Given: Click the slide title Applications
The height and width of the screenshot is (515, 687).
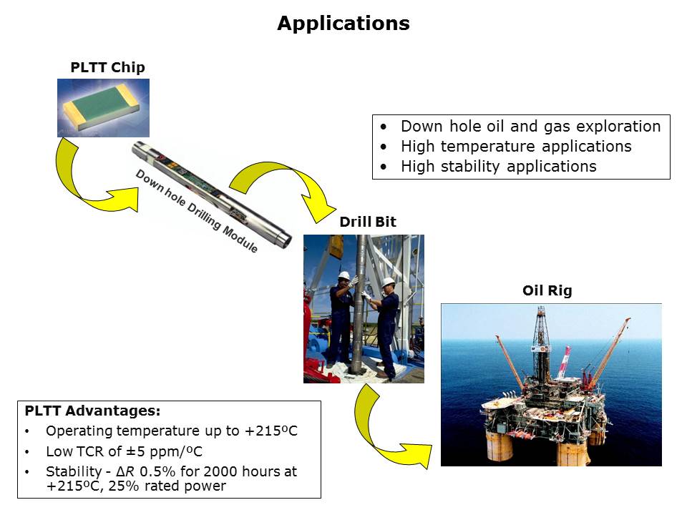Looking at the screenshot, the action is pyautogui.click(x=343, y=24).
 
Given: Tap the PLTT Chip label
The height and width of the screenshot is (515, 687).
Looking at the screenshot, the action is pyautogui.click(x=108, y=67).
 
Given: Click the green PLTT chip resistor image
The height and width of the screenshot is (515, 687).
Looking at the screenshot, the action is pyautogui.click(x=103, y=108).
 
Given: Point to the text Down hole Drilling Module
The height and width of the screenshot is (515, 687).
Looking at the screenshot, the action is pyautogui.click(x=196, y=211).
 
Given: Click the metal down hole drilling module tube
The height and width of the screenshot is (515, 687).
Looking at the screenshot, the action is pyautogui.click(x=212, y=195).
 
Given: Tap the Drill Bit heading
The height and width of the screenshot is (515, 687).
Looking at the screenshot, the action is pyautogui.click(x=368, y=222).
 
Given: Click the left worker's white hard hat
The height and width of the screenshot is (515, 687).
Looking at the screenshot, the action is pyautogui.click(x=344, y=275).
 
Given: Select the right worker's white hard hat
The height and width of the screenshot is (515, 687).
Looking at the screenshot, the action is pyautogui.click(x=388, y=282).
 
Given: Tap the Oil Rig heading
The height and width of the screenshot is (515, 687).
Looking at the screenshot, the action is pyautogui.click(x=547, y=290).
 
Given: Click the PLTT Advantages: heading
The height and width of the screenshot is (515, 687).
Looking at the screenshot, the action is pyautogui.click(x=92, y=411).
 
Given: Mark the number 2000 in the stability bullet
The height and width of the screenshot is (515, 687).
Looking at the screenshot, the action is pyautogui.click(x=220, y=471).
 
